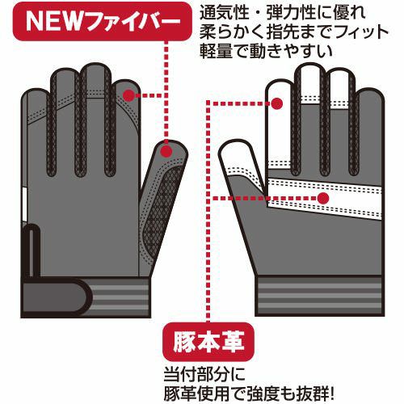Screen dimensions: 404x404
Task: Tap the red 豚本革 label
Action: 208,342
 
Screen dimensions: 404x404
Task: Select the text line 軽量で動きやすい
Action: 267,51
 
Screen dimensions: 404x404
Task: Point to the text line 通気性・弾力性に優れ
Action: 283,13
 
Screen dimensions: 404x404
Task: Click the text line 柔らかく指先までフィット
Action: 294,32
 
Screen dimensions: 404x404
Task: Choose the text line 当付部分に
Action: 204,374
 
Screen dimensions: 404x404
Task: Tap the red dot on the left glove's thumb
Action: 167,152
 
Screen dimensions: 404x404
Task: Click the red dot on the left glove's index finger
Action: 128,95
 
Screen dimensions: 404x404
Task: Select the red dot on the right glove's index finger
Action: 276,103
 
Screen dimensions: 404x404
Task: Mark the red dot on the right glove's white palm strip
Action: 323,199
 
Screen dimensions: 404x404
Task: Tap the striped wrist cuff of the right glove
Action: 320,296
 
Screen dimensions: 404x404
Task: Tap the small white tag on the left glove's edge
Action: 24,204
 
